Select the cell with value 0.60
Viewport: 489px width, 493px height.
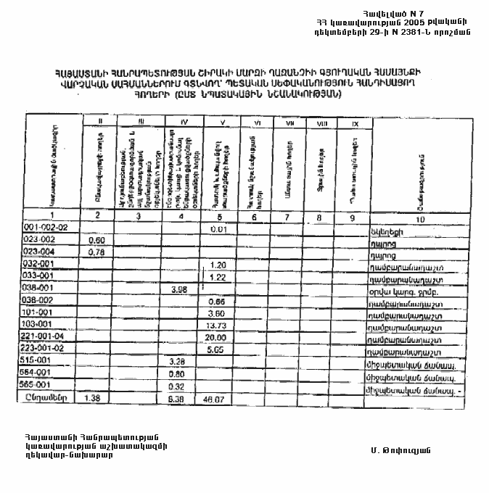pos(96,240)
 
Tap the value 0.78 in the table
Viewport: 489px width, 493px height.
pos(96,252)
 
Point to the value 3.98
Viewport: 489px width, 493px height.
pos(178,289)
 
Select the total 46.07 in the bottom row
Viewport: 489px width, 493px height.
pos(218,399)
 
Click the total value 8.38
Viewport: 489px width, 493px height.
pos(178,399)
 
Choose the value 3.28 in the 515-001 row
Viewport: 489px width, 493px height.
pos(178,361)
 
